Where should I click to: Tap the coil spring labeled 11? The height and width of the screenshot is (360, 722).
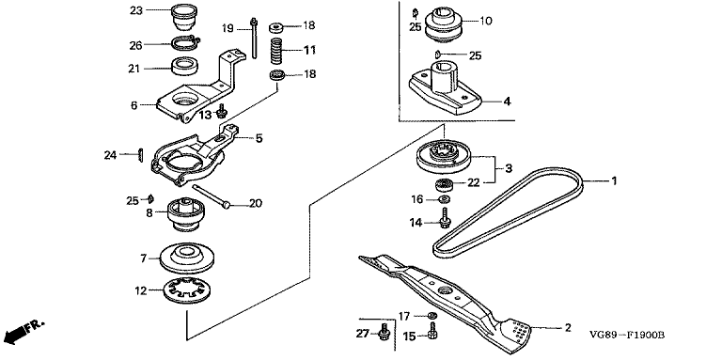pyautogui.click(x=275, y=52)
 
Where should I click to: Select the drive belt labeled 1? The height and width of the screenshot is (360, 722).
pyautogui.click(x=508, y=213)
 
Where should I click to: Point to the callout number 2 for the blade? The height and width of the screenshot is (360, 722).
pyautogui.click(x=568, y=328)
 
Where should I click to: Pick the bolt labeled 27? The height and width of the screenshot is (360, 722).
pyautogui.click(x=384, y=333)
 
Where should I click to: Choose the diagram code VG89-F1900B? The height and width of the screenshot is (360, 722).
pyautogui.click(x=628, y=336)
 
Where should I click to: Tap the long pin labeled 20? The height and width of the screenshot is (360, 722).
pyautogui.click(x=212, y=196)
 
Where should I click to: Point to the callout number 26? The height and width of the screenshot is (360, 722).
pyautogui.click(x=136, y=45)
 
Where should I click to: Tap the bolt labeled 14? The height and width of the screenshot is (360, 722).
pyautogui.click(x=445, y=217)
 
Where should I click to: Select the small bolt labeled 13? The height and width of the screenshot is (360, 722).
pyautogui.click(x=223, y=111)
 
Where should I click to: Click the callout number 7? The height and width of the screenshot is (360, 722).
pyautogui.click(x=143, y=258)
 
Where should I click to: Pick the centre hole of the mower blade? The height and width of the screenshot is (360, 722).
pyautogui.click(x=445, y=290)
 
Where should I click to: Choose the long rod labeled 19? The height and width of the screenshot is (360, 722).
pyautogui.click(x=253, y=38)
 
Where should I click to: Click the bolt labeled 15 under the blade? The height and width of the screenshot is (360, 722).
pyautogui.click(x=432, y=330)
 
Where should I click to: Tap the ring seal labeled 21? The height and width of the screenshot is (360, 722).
pyautogui.click(x=185, y=66)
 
